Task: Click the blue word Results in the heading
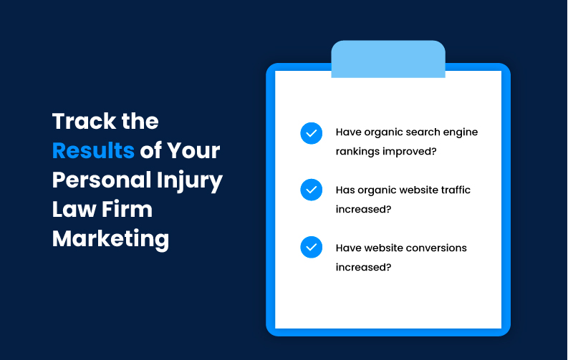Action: pyautogui.click(x=93, y=151)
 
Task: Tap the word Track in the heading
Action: pyautogui.click(x=80, y=121)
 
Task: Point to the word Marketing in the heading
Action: pyautogui.click(x=111, y=238)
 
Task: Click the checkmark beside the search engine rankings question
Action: pyautogui.click(x=311, y=133)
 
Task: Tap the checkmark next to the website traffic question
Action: pyautogui.click(x=311, y=190)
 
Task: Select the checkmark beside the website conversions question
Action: pyautogui.click(x=311, y=247)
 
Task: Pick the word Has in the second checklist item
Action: pyautogui.click(x=345, y=190)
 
